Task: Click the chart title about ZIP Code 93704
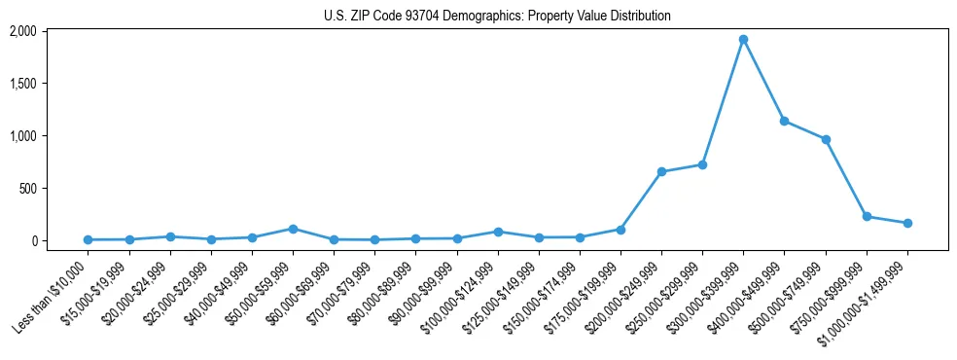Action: pos(497,16)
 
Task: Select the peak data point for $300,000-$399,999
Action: pos(743,40)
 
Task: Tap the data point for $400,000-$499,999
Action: pos(784,122)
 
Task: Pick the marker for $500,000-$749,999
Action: pos(826,140)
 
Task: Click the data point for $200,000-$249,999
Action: pos(661,172)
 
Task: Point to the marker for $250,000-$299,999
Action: pos(702,164)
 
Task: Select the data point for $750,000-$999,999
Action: pos(867,217)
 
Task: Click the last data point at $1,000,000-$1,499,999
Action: pos(907,224)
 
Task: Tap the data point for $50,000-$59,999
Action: pos(293,229)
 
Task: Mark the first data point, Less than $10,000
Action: pos(88,239)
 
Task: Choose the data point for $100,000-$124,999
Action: pos(498,232)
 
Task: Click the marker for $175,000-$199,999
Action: pos(620,230)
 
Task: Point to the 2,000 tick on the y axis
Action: pos(22,31)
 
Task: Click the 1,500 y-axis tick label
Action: pos(22,84)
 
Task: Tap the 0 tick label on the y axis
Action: pos(32,240)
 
